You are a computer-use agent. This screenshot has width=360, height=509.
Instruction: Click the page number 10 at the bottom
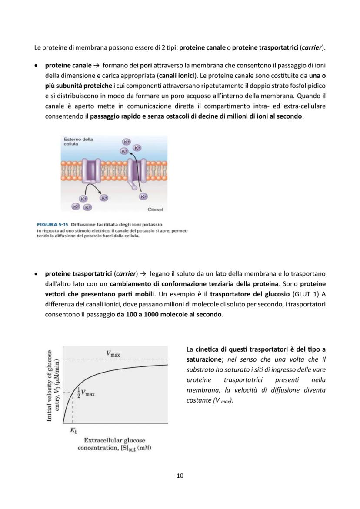(180, 476)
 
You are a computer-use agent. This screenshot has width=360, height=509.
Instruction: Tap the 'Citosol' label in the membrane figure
(155, 210)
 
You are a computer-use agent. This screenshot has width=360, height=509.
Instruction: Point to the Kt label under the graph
(73, 431)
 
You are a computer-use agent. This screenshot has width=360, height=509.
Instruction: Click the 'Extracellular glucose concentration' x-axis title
(114, 444)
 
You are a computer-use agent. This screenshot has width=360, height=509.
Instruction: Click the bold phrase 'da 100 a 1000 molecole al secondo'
(169, 314)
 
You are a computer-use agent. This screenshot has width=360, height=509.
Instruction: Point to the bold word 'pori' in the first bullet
(146, 66)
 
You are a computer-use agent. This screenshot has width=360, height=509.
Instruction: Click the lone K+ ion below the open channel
(143, 196)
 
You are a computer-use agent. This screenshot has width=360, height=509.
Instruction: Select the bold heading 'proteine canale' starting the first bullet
(68, 66)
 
